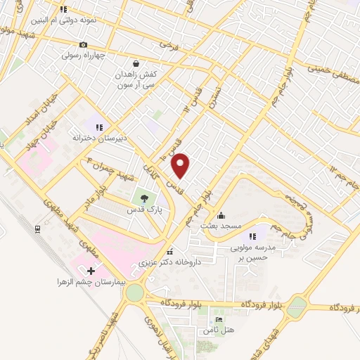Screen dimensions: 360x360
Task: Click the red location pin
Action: click(x=181, y=166)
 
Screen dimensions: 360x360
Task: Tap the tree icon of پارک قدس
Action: click(x=143, y=198)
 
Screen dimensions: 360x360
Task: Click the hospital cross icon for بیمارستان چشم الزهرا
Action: click(x=89, y=270)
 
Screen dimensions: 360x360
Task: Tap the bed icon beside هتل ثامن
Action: click(x=218, y=320)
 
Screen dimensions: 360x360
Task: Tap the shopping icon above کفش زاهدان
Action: click(x=136, y=61)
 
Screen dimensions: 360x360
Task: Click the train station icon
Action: click(x=37, y=229)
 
